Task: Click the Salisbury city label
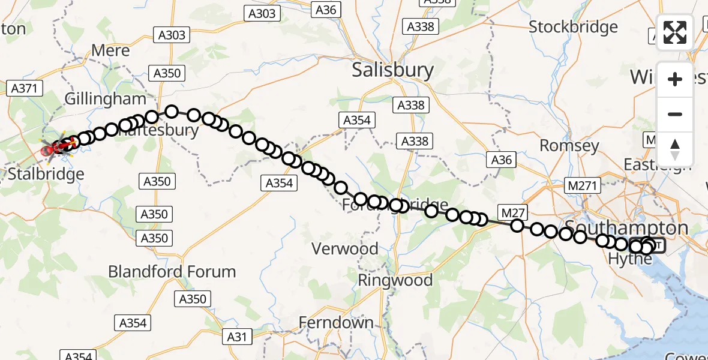pos(392,70)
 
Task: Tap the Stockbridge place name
pos(573,27)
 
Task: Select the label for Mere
pos(110,50)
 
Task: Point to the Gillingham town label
pos(106,99)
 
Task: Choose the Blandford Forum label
pos(172,271)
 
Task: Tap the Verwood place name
pos(344,248)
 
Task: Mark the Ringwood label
pos(395,280)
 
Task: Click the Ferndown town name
pos(336,323)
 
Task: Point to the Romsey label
pos(569,146)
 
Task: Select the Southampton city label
pos(626,228)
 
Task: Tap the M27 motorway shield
pos(512,211)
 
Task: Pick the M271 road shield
pos(582,186)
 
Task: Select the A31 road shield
pos(236,337)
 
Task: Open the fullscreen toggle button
pos(675,32)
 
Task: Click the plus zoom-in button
pos(675,79)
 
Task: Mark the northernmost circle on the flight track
pos(172,111)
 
